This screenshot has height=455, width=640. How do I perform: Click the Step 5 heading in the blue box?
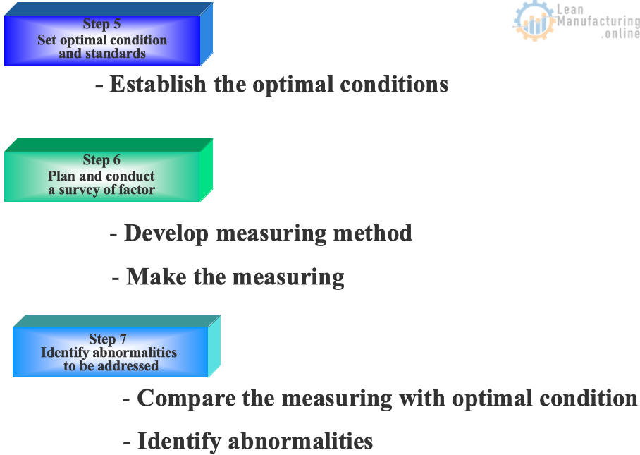[101, 24]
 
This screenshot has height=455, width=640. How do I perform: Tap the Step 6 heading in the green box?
[101, 160]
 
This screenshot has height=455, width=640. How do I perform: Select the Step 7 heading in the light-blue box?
[108, 339]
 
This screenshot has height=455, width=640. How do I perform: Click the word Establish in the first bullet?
[158, 85]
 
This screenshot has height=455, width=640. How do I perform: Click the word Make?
[156, 277]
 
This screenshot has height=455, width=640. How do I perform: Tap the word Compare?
[186, 399]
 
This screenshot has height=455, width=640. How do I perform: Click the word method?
[373, 233]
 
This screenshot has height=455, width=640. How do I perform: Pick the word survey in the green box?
[79, 190]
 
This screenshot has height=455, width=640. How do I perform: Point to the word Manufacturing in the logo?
[598, 21]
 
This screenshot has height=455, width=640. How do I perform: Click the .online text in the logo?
[620, 33]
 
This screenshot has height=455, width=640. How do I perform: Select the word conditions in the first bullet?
[394, 85]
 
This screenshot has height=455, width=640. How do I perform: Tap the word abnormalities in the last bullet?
[300, 441]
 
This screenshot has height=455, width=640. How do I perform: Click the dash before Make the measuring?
[116, 279]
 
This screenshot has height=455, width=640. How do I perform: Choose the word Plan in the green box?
[61, 176]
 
